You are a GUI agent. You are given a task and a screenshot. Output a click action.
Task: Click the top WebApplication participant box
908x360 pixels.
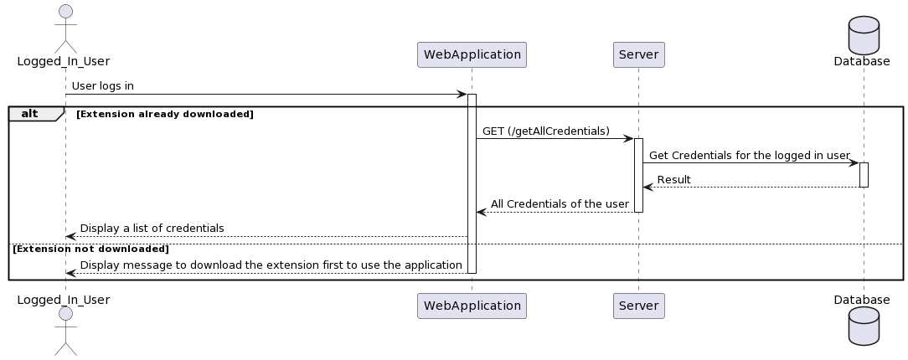click(x=472, y=55)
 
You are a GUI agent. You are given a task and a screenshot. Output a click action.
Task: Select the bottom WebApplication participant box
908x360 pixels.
click(x=472, y=306)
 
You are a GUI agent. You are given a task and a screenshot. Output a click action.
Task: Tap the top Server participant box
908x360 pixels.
click(x=638, y=55)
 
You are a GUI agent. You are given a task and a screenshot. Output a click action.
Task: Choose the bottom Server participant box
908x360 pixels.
click(x=638, y=306)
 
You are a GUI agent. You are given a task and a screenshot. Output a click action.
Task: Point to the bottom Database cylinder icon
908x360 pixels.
click(x=864, y=327)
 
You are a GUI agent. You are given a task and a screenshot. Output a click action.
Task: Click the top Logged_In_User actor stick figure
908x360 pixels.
click(x=65, y=25)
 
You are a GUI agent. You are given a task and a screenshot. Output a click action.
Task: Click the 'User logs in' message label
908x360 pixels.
click(x=102, y=86)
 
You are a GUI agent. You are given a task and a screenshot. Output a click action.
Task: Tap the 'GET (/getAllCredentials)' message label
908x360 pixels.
click(x=545, y=131)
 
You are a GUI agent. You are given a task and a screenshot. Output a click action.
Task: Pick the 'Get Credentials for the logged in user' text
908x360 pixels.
click(x=749, y=155)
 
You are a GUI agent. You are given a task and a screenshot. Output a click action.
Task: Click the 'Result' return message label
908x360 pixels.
click(x=673, y=179)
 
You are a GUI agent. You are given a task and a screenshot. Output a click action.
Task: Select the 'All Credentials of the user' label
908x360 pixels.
click(x=560, y=203)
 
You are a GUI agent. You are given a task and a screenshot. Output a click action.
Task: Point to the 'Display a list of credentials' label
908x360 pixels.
click(x=152, y=228)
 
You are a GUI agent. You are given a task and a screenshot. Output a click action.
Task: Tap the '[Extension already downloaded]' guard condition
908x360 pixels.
click(x=164, y=114)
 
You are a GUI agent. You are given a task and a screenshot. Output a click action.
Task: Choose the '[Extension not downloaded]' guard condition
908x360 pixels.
click(x=90, y=249)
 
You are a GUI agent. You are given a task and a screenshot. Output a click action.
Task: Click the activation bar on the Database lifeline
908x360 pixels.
click(x=864, y=174)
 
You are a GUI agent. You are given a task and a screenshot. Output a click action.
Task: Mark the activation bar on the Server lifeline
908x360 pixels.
click(x=638, y=175)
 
